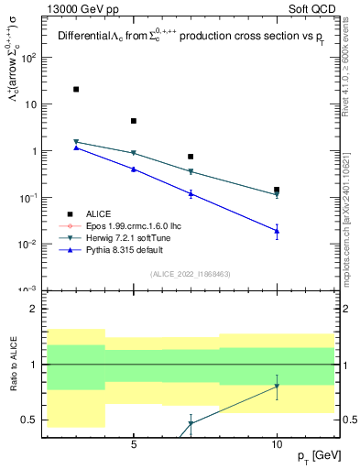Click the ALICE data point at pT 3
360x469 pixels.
tap(76, 89)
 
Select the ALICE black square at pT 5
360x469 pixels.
tap(134, 121)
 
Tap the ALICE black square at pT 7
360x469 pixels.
tap(191, 157)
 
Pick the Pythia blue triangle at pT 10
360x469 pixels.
tap(277, 231)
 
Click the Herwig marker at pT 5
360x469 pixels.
tap(134, 153)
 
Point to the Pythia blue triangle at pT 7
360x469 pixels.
tap(191, 193)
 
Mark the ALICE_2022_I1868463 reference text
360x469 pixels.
tap(191, 274)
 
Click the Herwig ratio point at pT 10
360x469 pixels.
tap(277, 386)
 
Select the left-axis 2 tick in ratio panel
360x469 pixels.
tap(34, 309)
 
